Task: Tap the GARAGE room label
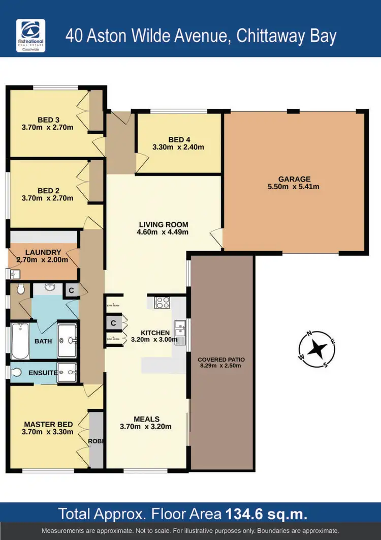tap(294, 179)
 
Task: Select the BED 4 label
tap(179, 139)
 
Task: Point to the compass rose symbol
tap(318, 349)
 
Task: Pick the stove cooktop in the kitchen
tap(163, 302)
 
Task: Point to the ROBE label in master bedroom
tap(96, 441)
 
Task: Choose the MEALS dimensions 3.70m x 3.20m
tap(146, 427)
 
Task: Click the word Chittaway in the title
tap(273, 36)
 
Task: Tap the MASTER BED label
tap(49, 424)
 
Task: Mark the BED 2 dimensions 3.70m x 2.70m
tap(48, 198)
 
